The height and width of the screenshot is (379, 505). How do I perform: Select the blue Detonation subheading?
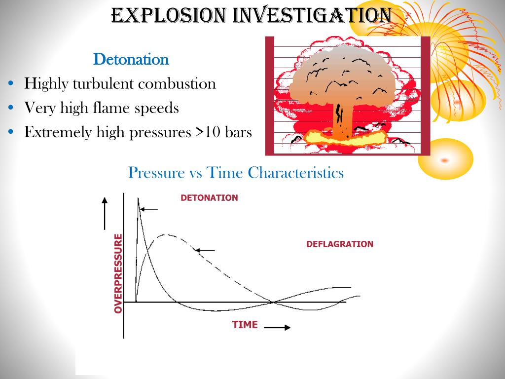[131, 60]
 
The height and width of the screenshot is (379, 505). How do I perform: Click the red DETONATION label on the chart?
[209, 198]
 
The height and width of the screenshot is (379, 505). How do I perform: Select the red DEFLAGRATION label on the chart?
[340, 244]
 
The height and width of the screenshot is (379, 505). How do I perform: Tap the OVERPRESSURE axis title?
[118, 273]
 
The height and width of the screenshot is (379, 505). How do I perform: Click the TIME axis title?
[245, 325]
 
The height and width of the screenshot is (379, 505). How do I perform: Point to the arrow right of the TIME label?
[277, 327]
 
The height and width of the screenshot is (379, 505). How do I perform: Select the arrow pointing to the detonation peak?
[149, 209]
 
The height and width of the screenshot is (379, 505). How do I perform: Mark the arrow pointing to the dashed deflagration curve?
[205, 250]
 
